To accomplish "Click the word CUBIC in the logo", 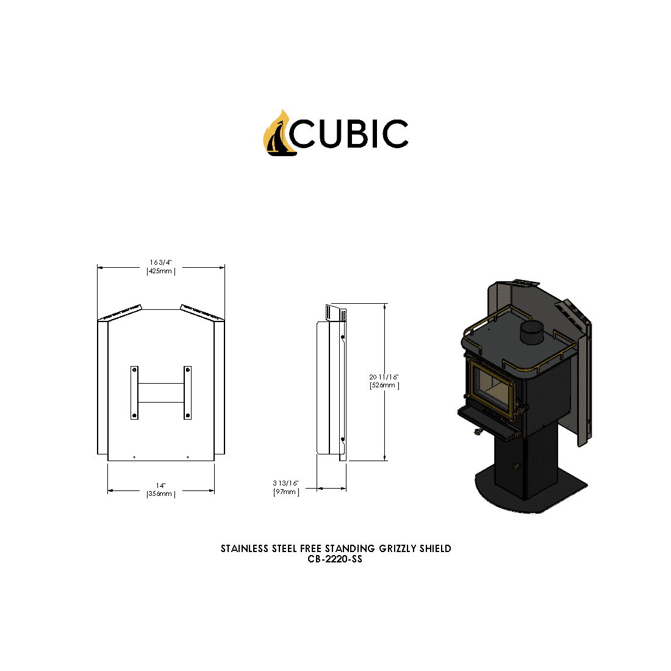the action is tap(349, 134).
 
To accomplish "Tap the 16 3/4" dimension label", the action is tap(161, 262).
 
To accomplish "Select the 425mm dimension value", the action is tap(160, 271).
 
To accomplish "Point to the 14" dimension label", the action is tap(160, 486).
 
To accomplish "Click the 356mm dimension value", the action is tap(160, 494).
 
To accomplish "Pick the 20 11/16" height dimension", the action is tap(384, 377).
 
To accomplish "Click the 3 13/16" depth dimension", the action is tap(286, 483).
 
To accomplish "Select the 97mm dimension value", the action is tap(285, 492).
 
